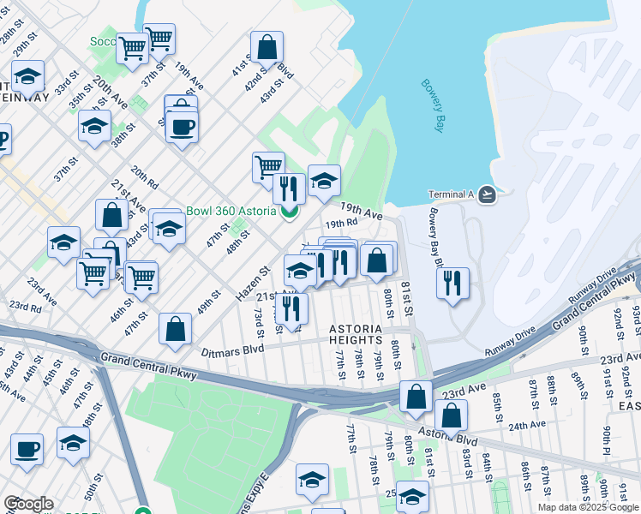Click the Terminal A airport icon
(x=487, y=194)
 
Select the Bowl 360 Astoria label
(x=231, y=211)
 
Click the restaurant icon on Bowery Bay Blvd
(x=452, y=283)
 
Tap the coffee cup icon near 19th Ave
(x=181, y=128)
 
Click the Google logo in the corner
(x=27, y=504)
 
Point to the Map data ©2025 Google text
(x=587, y=507)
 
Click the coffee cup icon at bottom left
(x=27, y=449)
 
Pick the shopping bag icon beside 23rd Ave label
(x=416, y=397)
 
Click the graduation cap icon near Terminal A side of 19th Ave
(x=324, y=180)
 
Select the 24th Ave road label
(x=526, y=425)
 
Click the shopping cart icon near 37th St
(x=159, y=38)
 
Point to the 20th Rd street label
(x=146, y=178)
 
